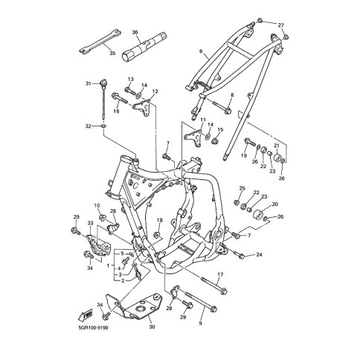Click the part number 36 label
tap(135, 33)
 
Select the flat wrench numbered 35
tap(100, 41)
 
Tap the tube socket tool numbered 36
tap(144, 46)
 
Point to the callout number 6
tap(201, 51)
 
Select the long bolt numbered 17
tap(214, 285)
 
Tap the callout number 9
tap(200, 323)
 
